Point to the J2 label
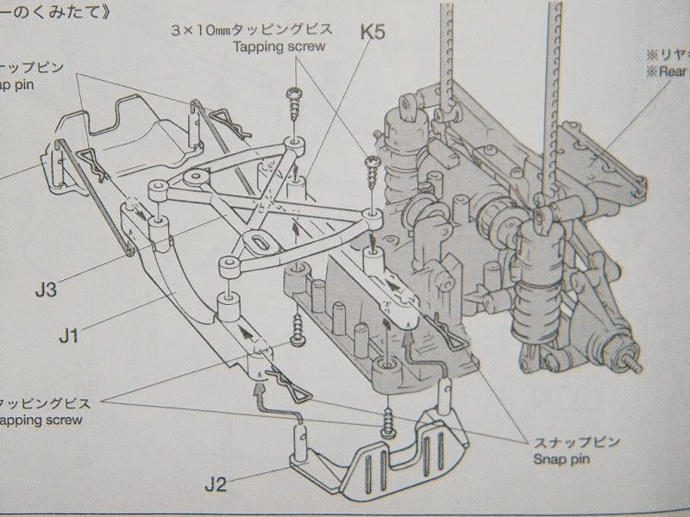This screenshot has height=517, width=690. (x=217, y=483)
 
